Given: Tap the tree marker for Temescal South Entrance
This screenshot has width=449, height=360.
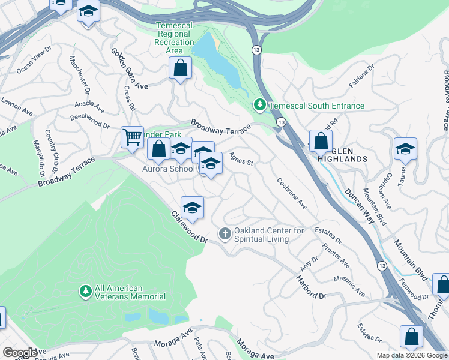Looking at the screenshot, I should pos(259,106).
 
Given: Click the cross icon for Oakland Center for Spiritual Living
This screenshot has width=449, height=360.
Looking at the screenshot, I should pos(225,233).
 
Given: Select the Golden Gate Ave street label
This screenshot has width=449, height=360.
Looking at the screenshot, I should pos(128,68).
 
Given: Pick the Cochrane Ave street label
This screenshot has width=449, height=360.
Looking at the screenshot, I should pos(292,194).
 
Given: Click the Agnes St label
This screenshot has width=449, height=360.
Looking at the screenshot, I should pos(241,159).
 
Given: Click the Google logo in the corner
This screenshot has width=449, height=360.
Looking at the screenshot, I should pos(19,352).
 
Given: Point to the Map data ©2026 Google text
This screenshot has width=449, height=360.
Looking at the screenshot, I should pos(412,355).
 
